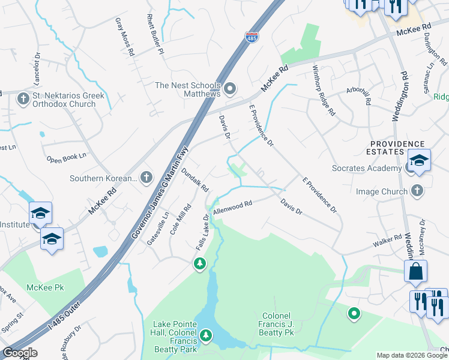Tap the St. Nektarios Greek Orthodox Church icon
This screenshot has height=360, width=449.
point(23,99)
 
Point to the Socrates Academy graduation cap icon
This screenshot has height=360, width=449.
point(419,160)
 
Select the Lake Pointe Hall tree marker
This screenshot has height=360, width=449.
point(206,334)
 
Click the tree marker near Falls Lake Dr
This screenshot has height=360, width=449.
point(199,263)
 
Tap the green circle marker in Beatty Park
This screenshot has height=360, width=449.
point(354,313)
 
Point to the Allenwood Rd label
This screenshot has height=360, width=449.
point(232,208)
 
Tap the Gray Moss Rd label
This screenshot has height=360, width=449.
point(124,37)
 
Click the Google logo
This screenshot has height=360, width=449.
point(20,353)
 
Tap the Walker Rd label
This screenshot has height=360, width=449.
point(387,241)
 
